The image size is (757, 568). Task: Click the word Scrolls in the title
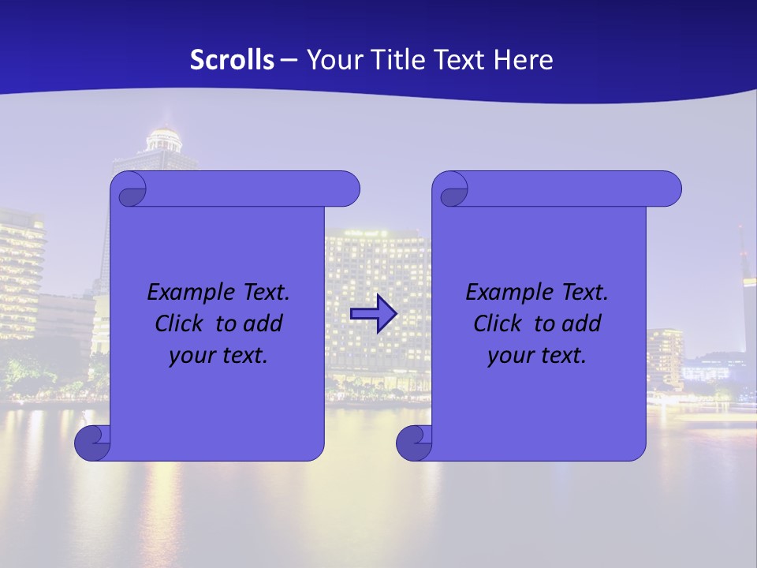232,60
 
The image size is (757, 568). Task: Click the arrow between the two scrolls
373,314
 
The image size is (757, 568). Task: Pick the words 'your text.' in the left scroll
218,355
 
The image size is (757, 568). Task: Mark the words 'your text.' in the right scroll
537,355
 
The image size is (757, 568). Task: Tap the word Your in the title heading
334,60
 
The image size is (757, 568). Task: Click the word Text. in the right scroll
584,293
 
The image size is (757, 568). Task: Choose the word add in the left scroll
262,323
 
